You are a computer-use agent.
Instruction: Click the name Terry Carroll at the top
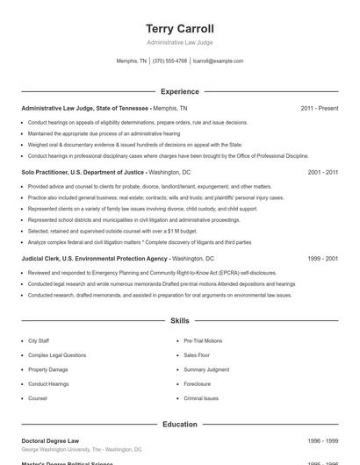pyautogui.click(x=179, y=29)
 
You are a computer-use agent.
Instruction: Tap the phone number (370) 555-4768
pyautogui.click(x=169, y=61)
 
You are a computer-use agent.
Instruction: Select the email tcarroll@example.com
pyautogui.click(x=218, y=61)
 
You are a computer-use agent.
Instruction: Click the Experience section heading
pyautogui.click(x=179, y=91)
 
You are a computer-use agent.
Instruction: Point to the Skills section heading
pyautogui.click(x=179, y=322)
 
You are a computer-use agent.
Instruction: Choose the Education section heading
pyautogui.click(x=179, y=425)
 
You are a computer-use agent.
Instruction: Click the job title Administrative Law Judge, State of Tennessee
pyautogui.click(x=85, y=108)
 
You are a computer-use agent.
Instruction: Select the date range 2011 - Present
pyautogui.click(x=319, y=108)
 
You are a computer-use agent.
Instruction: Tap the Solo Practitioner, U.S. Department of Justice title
pyautogui.click(x=83, y=173)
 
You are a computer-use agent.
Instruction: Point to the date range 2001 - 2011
pyautogui.click(x=323, y=173)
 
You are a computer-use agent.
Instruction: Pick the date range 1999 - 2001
pyautogui.click(x=323, y=260)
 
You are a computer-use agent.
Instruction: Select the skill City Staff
pyautogui.click(x=39, y=340)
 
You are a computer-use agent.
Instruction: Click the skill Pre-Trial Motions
pyautogui.click(x=203, y=340)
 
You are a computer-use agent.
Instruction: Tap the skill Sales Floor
pyautogui.click(x=196, y=355)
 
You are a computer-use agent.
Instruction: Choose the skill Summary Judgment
pyautogui.click(x=205, y=369)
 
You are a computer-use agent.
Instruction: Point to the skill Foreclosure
pyautogui.click(x=197, y=384)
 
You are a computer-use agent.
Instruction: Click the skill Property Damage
pyautogui.click(x=47, y=369)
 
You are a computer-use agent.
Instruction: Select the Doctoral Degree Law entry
pyautogui.click(x=50, y=441)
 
